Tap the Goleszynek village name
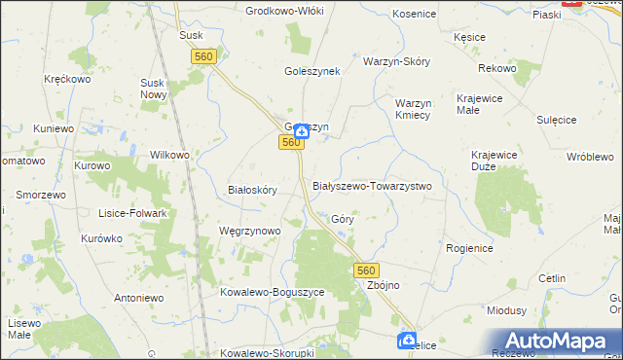(312, 71)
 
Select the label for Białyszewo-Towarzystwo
(372, 185)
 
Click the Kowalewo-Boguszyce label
(272, 292)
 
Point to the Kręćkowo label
(67, 79)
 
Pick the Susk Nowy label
(154, 90)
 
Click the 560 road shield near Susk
(203, 58)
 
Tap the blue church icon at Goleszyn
(303, 130)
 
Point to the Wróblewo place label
(589, 157)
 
